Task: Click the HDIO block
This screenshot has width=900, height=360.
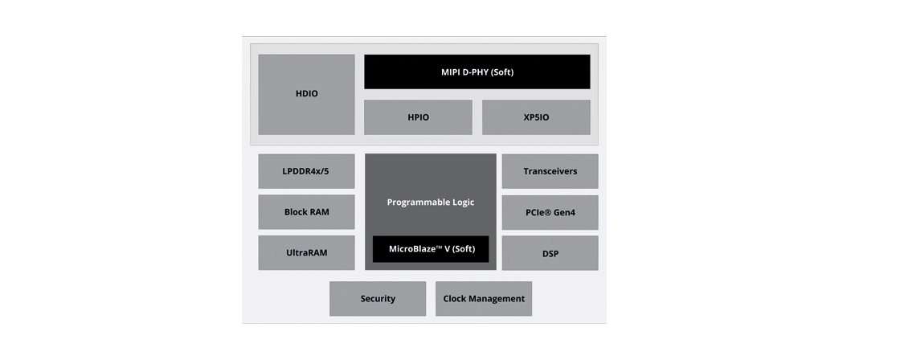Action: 306,94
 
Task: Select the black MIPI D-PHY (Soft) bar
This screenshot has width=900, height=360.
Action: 477,72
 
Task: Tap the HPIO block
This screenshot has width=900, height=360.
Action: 418,117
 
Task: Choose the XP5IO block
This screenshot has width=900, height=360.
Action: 536,117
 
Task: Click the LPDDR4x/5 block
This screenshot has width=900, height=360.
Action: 306,171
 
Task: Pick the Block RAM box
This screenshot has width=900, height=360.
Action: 306,212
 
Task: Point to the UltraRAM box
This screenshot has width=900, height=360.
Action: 306,253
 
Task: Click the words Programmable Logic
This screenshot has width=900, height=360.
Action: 430,202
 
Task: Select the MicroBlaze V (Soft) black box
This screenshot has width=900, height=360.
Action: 431,249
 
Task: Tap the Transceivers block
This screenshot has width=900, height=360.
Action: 550,171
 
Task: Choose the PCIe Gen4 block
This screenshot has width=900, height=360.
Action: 550,212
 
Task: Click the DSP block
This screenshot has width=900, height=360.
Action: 550,253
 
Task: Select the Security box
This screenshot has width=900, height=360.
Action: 378,299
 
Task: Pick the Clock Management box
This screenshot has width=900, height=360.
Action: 484,299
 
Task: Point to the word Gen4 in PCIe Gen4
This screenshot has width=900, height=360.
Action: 563,212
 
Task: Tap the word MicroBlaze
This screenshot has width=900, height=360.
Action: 414,249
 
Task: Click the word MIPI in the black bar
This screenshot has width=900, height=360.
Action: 452,72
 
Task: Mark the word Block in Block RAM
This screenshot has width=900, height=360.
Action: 297,212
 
